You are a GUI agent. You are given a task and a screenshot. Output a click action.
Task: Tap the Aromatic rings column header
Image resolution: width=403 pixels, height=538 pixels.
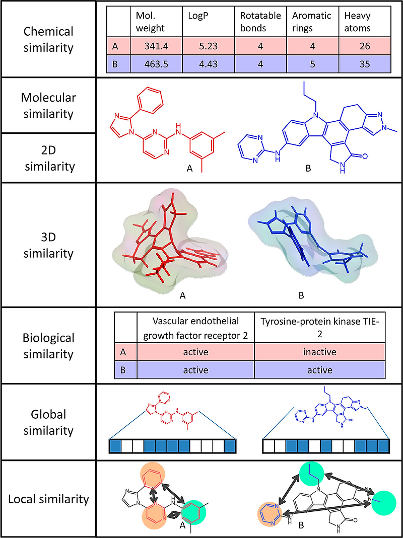point(312,21)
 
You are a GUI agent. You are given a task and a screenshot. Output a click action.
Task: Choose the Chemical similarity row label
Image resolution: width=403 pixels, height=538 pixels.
point(49,39)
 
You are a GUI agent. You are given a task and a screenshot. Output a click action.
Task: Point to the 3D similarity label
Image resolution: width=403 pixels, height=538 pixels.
point(49,245)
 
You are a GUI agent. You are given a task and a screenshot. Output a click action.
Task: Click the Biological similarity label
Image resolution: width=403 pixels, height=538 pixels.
point(49,346)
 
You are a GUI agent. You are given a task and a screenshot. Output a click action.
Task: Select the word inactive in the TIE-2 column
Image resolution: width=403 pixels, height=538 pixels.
point(319,352)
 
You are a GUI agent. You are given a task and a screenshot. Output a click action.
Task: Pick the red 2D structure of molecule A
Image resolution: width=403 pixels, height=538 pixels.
point(161,128)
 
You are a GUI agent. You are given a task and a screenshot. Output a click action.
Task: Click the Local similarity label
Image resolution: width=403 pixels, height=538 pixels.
point(49,499)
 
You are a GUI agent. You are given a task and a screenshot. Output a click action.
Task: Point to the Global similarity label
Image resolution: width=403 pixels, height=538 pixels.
point(49,422)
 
